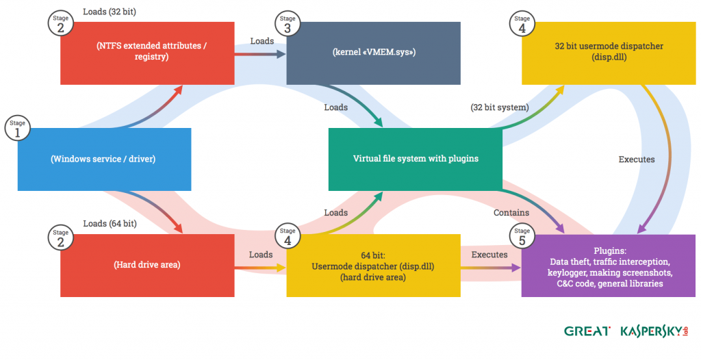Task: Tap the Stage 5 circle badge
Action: tap(522, 236)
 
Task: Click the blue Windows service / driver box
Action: tap(103, 159)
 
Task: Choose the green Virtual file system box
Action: tap(416, 159)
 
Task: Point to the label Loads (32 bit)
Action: tap(110, 12)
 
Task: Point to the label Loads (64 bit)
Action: tap(110, 224)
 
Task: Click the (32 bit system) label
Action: tap(500, 107)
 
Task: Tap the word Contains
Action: tap(511, 213)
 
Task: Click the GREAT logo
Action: tap(587, 331)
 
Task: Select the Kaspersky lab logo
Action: tap(654, 331)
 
